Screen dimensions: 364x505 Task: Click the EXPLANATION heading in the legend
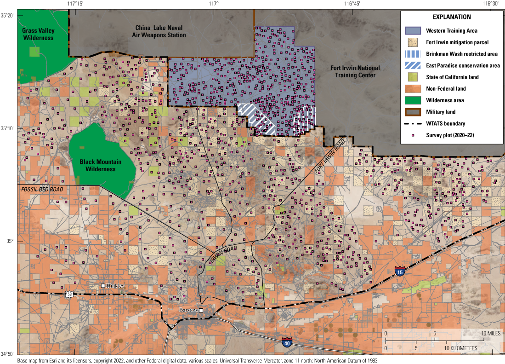tap(452, 17)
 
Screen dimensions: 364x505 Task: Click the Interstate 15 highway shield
tap(400, 272)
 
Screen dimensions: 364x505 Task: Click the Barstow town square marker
tap(201, 310)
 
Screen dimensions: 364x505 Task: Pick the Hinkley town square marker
tap(103, 286)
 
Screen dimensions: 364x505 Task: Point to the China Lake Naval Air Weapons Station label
tap(160, 31)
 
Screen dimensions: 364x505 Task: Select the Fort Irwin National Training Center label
tap(355, 71)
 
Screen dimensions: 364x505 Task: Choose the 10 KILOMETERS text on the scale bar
tap(460, 348)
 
